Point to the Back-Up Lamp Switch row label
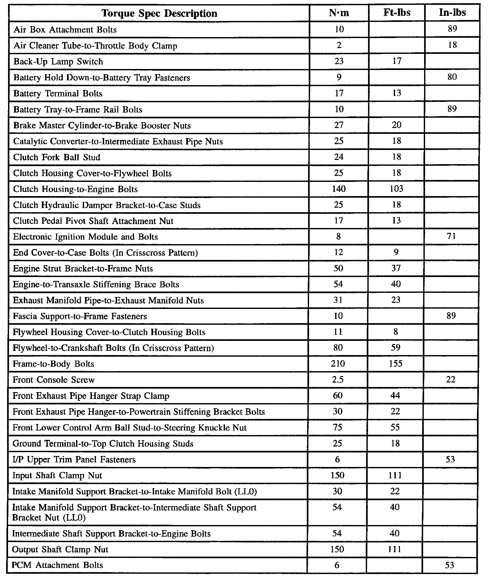(x=58, y=62)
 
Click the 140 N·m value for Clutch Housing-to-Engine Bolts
(x=339, y=189)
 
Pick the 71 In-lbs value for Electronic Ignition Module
(x=451, y=236)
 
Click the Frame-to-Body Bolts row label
(x=53, y=364)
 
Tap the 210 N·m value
(x=338, y=364)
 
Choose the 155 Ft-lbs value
(x=395, y=364)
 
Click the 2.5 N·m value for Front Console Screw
(x=338, y=380)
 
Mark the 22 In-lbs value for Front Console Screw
(x=451, y=380)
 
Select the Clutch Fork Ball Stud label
(x=57, y=157)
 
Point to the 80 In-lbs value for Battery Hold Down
(x=452, y=77)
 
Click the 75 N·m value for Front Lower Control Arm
(x=337, y=427)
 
